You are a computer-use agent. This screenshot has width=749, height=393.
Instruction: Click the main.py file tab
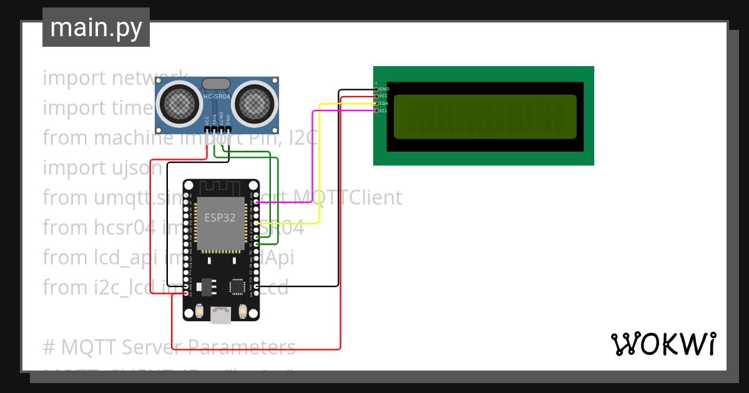95,27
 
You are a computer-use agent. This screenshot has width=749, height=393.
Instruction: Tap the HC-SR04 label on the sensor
217,97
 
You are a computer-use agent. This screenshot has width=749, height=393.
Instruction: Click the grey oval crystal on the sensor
217,84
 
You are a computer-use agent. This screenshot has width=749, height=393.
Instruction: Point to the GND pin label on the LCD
384,89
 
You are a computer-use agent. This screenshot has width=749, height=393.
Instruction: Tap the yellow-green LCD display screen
485,117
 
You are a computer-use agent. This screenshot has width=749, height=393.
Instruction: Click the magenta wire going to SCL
312,156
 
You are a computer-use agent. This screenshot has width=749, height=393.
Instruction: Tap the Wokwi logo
663,344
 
